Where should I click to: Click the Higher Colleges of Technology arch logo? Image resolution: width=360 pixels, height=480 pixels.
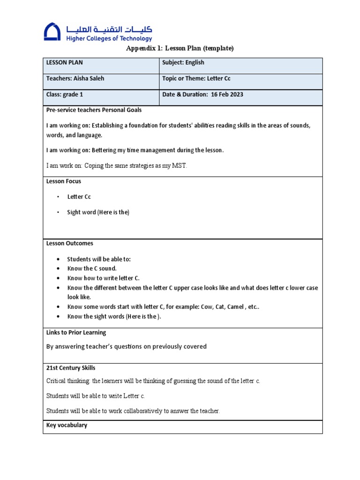click(x=52, y=32)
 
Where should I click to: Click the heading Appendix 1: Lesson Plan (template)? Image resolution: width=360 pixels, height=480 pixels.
click(x=180, y=48)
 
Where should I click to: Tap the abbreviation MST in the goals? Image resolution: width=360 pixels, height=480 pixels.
click(x=180, y=166)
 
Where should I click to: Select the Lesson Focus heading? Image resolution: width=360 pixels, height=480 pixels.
click(x=63, y=181)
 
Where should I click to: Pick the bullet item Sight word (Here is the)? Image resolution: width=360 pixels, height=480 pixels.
click(x=98, y=212)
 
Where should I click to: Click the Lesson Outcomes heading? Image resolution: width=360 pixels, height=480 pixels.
click(x=69, y=243)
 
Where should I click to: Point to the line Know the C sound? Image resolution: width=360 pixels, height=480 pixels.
click(x=92, y=269)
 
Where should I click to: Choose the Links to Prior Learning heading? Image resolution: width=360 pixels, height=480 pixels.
click(x=76, y=332)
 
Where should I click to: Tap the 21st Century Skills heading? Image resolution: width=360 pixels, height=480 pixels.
click(x=71, y=368)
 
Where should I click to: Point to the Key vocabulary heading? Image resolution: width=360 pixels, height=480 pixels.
click(x=67, y=425)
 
